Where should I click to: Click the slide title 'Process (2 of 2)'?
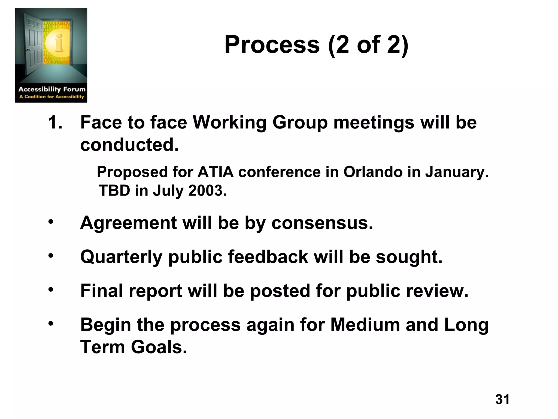[x=316, y=45]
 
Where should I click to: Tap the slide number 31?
[x=502, y=399]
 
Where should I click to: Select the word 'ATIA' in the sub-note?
[x=216, y=172]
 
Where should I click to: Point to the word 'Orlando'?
[x=373, y=172]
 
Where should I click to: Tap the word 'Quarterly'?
[x=121, y=257]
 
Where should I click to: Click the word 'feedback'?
[x=268, y=257]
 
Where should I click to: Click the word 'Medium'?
[x=365, y=325]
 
